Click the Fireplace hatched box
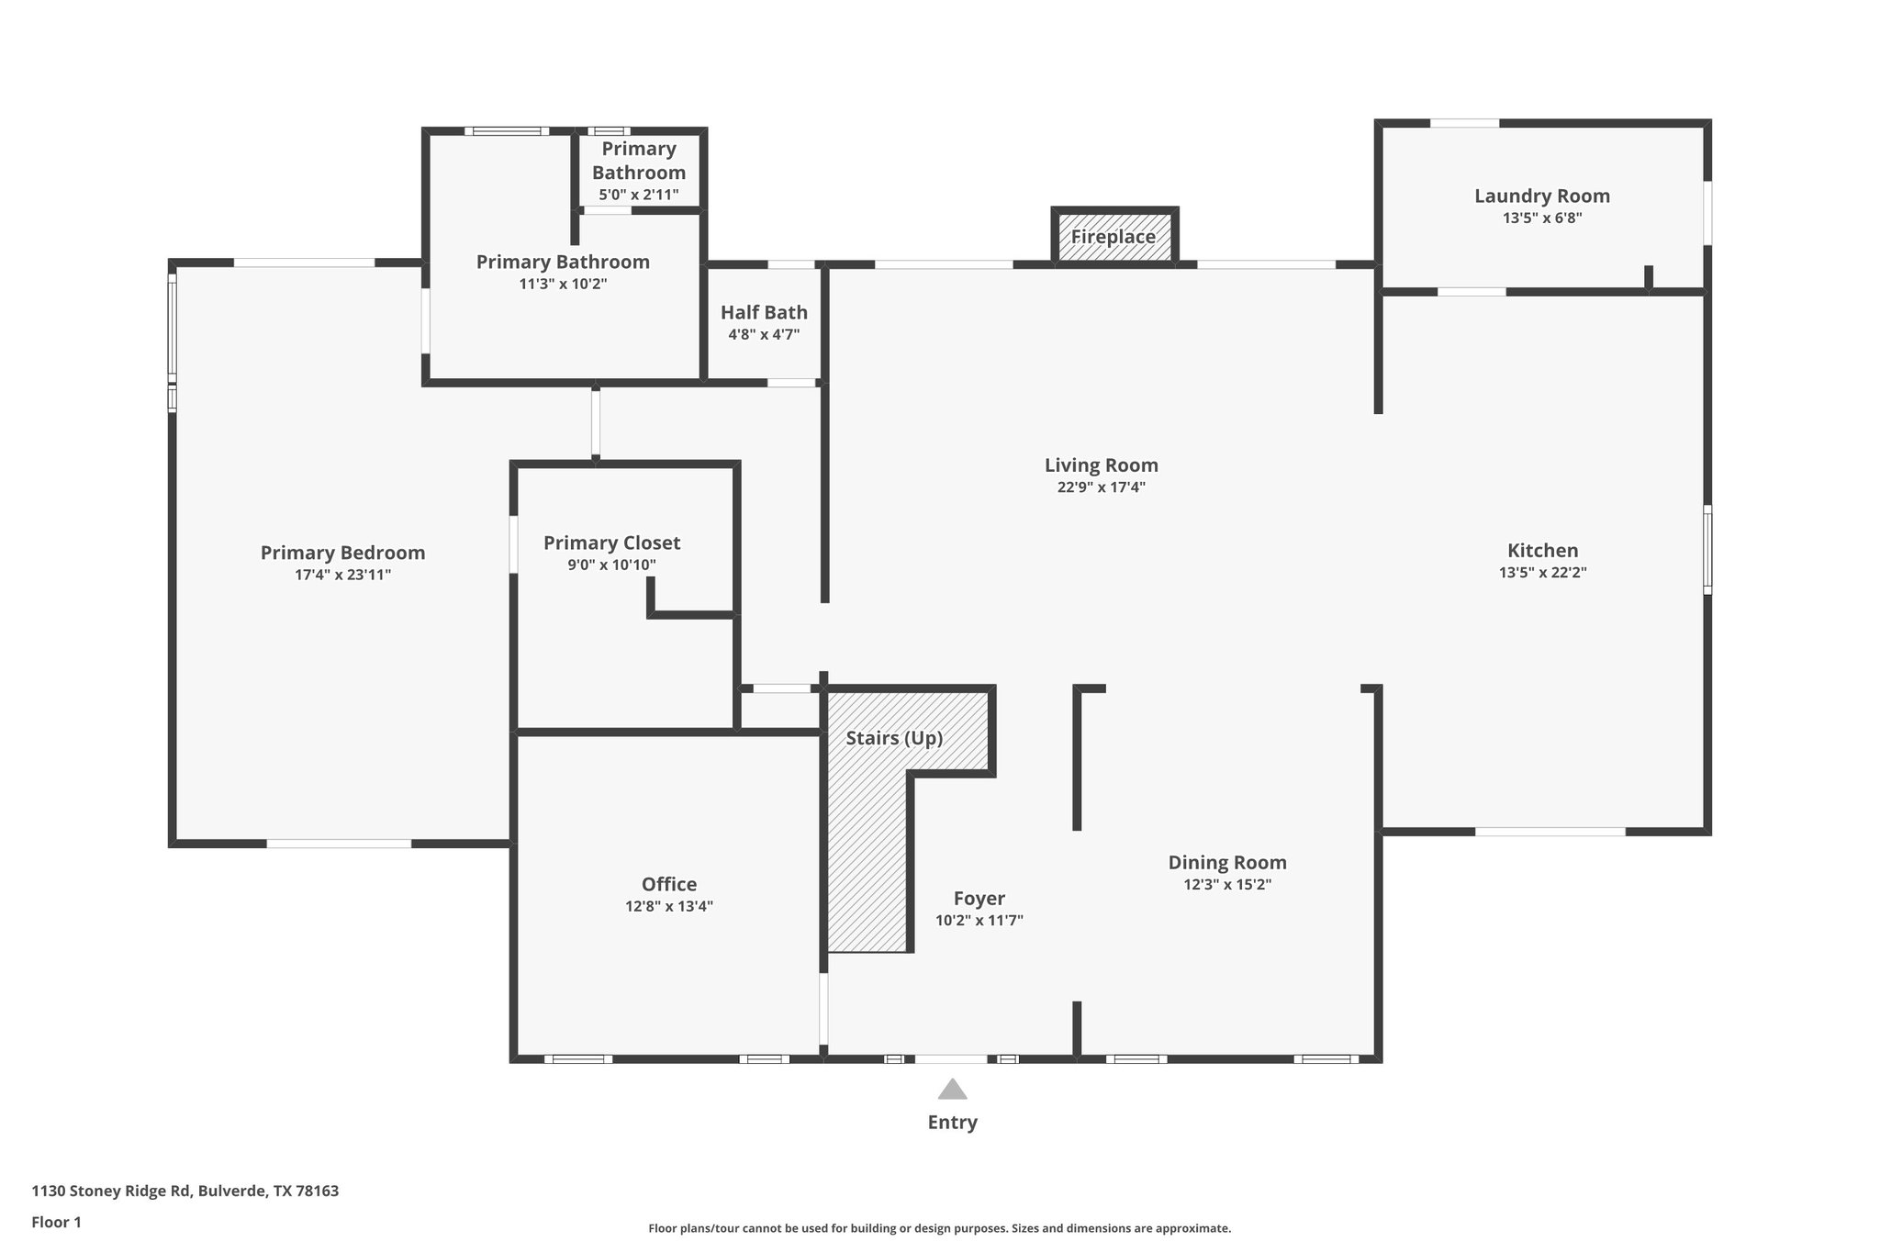[1113, 237]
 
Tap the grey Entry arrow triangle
[952, 1090]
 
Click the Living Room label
[1101, 465]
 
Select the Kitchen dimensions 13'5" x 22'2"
[1542, 573]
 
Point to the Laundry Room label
[1541, 196]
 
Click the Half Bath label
[764, 312]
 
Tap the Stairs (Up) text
[894, 738]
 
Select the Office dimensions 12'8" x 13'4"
[668, 907]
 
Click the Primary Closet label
[611, 543]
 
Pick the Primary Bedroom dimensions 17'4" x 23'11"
[342, 576]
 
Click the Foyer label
[979, 899]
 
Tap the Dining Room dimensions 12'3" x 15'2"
[1226, 885]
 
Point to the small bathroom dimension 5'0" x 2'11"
[638, 195]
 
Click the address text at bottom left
[185, 1191]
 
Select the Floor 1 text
[56, 1223]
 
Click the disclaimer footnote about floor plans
[939, 1228]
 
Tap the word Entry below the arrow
[952, 1122]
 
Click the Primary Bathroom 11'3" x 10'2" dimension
[563, 285]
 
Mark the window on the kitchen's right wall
[1707, 549]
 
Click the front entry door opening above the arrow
[952, 1059]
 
